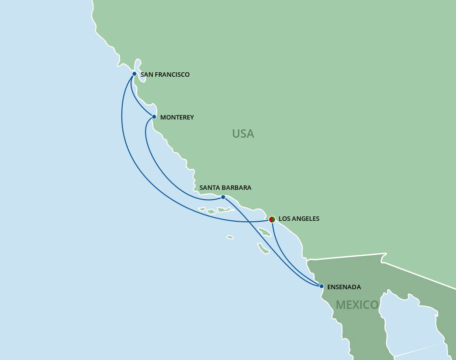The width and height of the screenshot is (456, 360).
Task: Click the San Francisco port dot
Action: [134, 74]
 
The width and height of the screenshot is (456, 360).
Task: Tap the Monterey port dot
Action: [154, 117]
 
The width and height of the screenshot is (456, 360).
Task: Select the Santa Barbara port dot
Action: [223, 197]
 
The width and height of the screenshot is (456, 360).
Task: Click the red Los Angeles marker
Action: [272, 219]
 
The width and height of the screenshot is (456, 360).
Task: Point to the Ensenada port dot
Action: [321, 286]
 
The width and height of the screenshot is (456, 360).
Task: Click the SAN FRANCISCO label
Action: [165, 75]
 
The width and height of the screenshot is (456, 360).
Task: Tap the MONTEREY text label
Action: [177, 118]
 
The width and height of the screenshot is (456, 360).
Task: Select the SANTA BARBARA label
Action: [225, 188]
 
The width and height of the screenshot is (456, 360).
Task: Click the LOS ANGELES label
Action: [299, 219]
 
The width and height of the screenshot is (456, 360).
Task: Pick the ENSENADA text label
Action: [343, 287]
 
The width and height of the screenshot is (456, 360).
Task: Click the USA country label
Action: [243, 134]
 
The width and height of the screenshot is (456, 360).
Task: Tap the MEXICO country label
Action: [357, 305]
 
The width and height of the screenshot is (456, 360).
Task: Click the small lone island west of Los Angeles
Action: [230, 237]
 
